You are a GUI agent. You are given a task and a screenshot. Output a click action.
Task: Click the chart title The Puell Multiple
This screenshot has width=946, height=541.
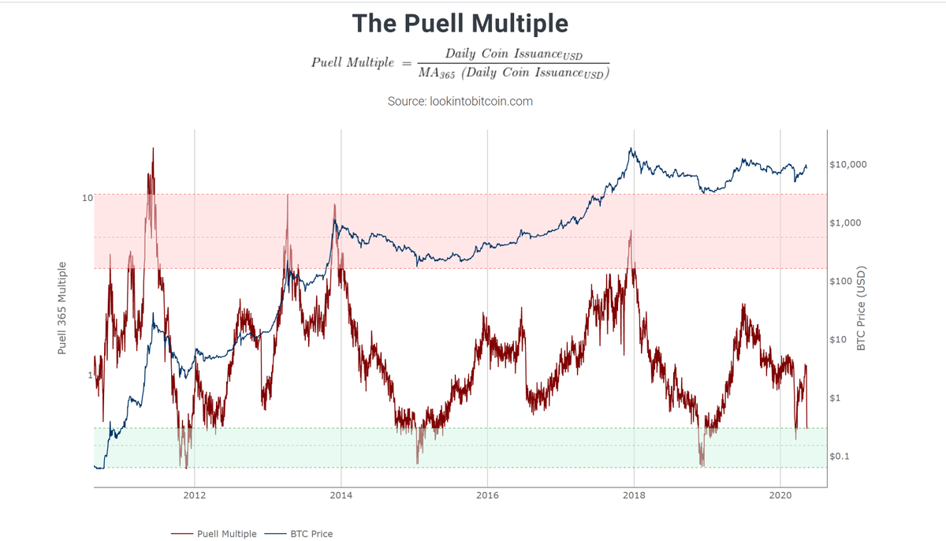click(x=460, y=23)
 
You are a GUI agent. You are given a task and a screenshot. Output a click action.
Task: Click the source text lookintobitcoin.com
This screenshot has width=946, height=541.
click(x=481, y=102)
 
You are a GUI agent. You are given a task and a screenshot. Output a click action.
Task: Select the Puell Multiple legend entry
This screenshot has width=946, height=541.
click(x=214, y=534)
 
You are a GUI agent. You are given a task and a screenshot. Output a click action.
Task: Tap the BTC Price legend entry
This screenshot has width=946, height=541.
click(x=299, y=534)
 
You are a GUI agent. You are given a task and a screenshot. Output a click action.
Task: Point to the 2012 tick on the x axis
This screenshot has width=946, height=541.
click(x=194, y=495)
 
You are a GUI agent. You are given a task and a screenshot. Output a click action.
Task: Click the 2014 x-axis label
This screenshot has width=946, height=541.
click(x=341, y=495)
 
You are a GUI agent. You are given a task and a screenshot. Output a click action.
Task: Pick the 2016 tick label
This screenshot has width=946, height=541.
click(x=487, y=495)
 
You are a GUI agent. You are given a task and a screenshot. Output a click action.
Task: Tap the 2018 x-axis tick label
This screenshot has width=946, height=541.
click(x=634, y=495)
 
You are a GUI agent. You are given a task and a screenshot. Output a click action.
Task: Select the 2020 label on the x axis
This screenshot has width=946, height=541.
click(x=780, y=495)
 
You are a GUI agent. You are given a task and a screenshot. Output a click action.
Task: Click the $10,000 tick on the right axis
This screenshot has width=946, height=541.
click(x=848, y=164)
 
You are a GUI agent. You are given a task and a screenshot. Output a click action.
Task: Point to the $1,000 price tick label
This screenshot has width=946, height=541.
click(x=845, y=222)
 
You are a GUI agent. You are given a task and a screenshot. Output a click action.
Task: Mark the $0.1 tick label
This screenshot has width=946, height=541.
click(x=839, y=456)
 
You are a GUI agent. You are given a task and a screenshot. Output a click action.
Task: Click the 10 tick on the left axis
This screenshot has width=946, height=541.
click(x=88, y=198)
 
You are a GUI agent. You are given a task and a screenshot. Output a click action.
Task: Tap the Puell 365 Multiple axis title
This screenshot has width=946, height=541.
click(x=62, y=308)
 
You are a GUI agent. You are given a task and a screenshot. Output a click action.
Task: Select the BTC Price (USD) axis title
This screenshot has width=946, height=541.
click(x=861, y=308)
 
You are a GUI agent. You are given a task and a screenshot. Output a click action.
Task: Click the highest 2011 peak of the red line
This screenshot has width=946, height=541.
click(x=153, y=148)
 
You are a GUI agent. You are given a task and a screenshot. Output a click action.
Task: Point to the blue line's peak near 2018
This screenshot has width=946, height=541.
click(x=631, y=148)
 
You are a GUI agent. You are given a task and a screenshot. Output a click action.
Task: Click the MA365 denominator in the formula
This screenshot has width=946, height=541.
click(x=437, y=73)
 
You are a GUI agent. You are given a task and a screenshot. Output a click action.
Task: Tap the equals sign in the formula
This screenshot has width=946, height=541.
click(x=406, y=63)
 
